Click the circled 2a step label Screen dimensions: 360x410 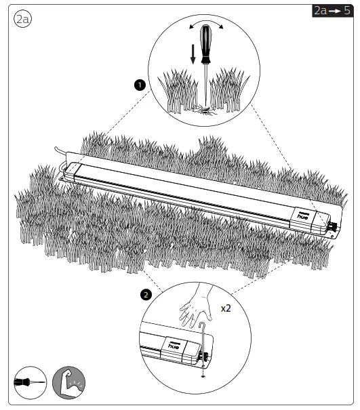[22, 19]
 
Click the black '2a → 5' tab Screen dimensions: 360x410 [332, 11]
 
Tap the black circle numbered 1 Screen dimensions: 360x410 [140, 85]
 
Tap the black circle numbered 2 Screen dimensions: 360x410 [146, 295]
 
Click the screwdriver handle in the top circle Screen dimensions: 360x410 [205, 44]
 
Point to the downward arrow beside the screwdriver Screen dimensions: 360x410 [193, 54]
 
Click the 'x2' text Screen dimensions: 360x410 [226, 308]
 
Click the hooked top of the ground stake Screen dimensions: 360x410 [201, 325]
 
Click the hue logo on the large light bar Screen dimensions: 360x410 [303, 216]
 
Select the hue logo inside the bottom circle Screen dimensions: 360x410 [174, 346]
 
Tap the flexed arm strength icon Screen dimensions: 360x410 [68, 382]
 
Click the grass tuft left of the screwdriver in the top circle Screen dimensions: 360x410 [178, 91]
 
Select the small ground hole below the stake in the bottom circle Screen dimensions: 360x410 [203, 376]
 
